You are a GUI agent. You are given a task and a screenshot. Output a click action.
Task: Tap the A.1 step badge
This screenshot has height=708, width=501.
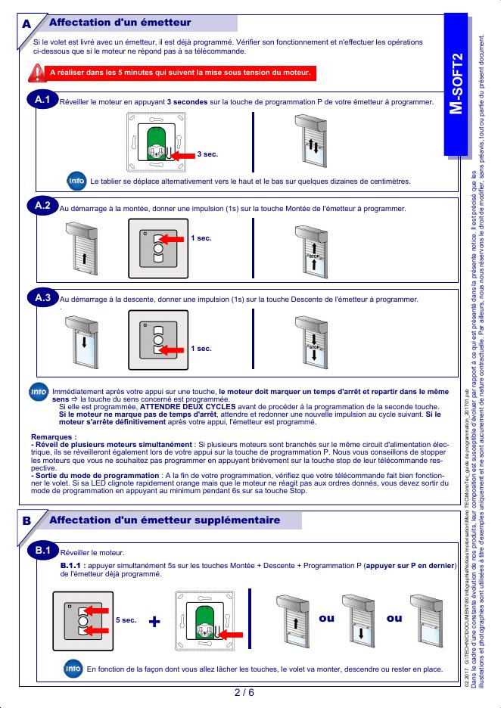pos(42,99)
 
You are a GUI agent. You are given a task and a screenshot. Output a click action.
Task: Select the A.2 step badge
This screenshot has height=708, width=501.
pos(42,206)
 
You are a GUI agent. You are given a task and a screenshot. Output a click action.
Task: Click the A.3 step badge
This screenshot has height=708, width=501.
pos(42,298)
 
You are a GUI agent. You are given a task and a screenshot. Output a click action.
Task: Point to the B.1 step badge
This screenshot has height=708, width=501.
pos(42,550)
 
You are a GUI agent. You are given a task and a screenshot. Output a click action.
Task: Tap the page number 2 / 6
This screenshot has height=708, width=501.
pos(243,692)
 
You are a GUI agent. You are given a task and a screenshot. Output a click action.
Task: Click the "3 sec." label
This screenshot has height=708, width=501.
pos(207,154)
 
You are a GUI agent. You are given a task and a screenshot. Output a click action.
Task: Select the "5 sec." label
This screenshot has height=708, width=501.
pos(126,620)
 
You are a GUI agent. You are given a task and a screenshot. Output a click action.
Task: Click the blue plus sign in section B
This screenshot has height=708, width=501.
pos(155,621)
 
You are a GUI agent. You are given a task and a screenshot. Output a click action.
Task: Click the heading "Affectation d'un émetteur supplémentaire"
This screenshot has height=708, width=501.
pos(164,520)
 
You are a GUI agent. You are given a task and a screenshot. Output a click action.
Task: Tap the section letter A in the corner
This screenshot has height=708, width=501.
pos(26,24)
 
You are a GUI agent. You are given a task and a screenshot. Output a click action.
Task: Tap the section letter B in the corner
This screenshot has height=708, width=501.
pos(26,521)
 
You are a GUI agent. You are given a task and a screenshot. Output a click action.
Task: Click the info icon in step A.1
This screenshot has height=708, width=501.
pos(76,182)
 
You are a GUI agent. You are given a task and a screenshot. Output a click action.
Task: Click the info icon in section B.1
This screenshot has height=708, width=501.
pos(73,668)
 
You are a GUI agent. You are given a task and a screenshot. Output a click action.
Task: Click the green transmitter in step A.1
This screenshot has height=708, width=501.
pos(157,143)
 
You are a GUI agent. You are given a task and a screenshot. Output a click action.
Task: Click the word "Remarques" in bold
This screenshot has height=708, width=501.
pos(53,436)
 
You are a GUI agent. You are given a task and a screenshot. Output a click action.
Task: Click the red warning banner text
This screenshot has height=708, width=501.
pos(179,73)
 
